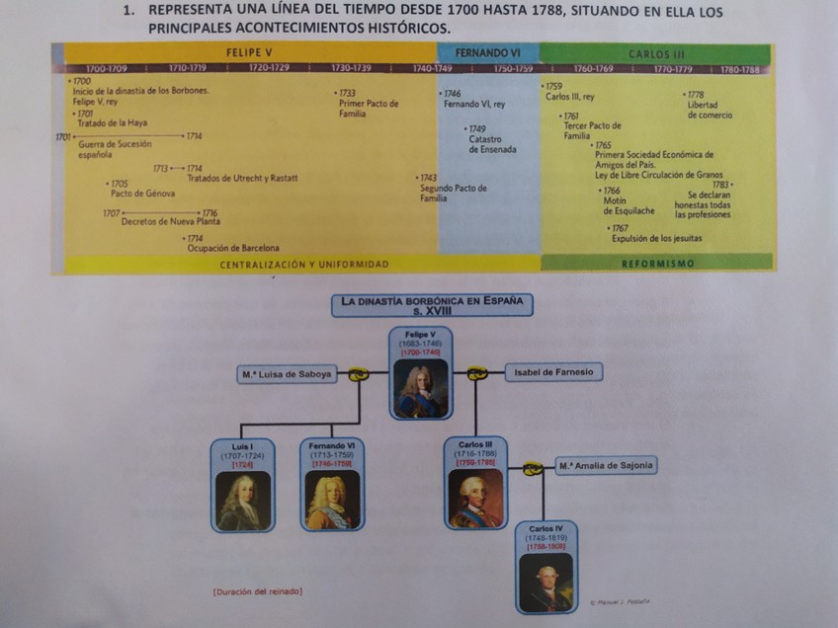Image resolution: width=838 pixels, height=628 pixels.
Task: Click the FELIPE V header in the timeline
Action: coord(249,52)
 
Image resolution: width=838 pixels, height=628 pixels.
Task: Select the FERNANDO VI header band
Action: coord(488,52)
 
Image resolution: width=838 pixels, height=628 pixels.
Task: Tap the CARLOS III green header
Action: coord(656,54)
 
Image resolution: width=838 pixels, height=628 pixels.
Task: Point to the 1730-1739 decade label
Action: coord(352,69)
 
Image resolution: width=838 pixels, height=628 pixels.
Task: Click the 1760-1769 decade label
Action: coord(593,69)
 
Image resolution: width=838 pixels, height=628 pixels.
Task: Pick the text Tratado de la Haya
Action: coord(112,123)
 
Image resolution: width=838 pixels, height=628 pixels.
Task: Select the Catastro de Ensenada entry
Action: coord(492,144)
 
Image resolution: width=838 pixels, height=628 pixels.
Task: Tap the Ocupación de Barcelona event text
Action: coord(233,248)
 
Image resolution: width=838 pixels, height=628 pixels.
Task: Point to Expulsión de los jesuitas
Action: coord(656,238)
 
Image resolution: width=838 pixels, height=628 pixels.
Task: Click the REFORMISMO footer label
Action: coord(658,264)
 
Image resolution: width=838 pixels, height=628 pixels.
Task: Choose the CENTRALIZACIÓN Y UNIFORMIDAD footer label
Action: coord(304,265)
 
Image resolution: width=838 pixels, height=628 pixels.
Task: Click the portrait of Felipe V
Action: coord(421,388)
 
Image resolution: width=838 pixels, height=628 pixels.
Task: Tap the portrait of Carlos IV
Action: coord(545,583)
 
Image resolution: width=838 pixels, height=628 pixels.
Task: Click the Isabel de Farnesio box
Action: coord(553,372)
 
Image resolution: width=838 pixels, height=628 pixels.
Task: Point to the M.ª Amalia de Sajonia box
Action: coord(606,465)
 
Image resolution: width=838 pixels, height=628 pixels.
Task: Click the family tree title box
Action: coord(432,305)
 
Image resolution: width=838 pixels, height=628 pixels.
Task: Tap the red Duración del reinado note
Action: coord(258,591)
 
